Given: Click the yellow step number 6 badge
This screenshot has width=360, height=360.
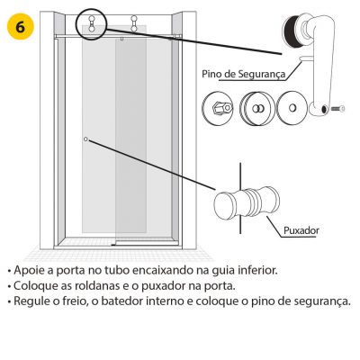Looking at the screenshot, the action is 21,27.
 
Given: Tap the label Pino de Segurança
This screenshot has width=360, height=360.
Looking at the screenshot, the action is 243,74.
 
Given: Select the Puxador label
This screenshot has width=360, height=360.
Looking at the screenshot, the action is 301,230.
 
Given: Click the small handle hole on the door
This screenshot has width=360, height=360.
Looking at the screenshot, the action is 85,139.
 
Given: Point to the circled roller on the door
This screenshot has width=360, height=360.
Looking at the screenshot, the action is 91,23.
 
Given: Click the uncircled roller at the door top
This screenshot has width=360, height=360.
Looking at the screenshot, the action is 134,23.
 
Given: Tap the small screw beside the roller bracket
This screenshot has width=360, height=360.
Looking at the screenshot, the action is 338,109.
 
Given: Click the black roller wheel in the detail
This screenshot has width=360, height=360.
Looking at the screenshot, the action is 290,29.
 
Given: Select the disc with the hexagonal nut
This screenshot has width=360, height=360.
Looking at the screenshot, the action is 218,108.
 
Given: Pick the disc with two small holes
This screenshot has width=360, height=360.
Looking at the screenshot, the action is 257,108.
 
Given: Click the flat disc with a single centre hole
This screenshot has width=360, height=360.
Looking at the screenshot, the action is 292,108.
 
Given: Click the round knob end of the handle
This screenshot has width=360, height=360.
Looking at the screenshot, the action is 225,205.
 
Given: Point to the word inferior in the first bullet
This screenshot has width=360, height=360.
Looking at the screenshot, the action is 257,270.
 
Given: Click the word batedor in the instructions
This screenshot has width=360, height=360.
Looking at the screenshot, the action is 121,301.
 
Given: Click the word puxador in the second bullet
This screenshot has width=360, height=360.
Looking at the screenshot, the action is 163,286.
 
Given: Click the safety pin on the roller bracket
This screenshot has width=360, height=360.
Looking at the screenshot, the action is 305,58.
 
